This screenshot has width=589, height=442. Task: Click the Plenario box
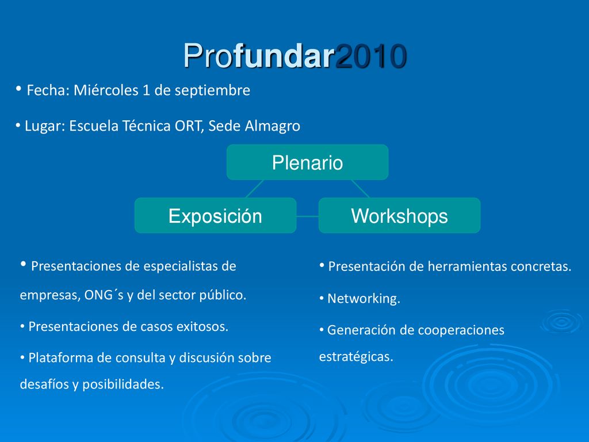point(307,162)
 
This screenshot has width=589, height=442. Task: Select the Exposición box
point(215,215)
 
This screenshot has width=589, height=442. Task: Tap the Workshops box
point(399,215)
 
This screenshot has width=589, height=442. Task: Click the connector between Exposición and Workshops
point(307,216)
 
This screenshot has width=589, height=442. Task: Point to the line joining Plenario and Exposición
point(255,189)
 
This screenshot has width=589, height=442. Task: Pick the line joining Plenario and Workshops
point(360,189)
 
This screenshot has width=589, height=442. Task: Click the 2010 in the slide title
point(371,56)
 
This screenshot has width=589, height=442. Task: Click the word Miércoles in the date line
point(106,90)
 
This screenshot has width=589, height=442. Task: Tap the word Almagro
point(272,126)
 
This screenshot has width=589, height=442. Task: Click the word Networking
point(364,299)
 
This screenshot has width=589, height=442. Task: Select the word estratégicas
point(355,356)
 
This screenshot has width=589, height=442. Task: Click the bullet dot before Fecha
point(18,89)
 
